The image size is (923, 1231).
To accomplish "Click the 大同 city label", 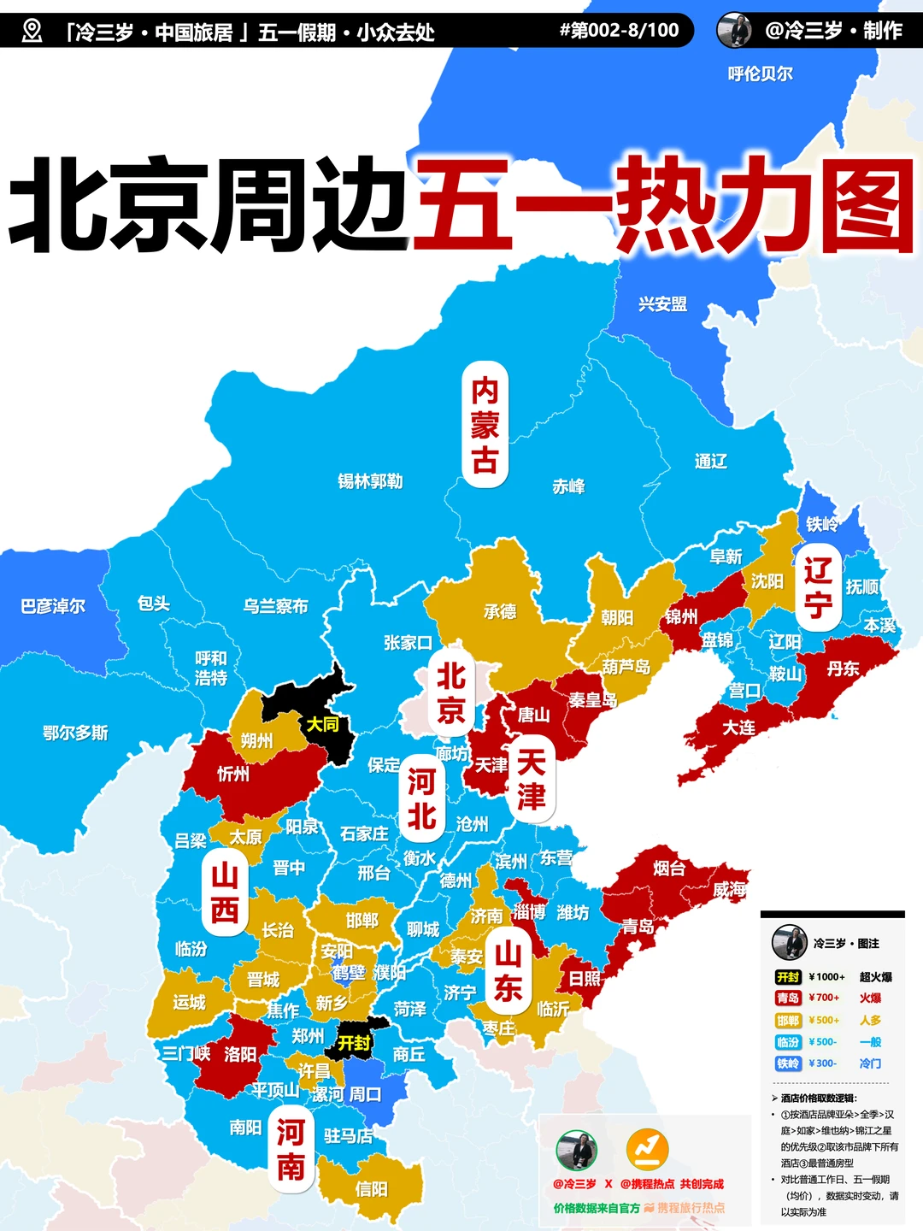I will pos(322,724).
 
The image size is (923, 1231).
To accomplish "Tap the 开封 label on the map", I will pos(354,1043).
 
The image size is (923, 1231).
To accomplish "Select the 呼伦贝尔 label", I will pos(760,74).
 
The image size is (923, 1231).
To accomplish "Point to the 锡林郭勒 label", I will pos(370,481).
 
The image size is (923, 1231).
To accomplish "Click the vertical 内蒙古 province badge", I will pos(485,425).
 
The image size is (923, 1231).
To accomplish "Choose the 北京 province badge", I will pos(450,692).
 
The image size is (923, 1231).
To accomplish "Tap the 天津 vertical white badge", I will pos(531,779).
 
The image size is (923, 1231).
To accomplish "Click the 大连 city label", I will pos(738,727).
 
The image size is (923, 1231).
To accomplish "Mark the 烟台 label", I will pos(668,869).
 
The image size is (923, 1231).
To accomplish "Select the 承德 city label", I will pos(500,611).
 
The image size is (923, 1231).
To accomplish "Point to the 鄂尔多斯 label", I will pos(75,733).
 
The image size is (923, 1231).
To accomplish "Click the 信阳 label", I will pos(371,1189).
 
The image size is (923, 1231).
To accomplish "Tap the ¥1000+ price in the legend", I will pos(826,976).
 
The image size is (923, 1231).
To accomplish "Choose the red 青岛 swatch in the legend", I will pos(787,998).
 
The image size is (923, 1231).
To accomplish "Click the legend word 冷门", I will pos(870,1063).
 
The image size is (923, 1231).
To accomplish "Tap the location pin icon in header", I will pos(32,32).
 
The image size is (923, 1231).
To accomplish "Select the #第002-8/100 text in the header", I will pos(619,31).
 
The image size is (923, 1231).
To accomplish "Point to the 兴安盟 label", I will pos(662,303).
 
